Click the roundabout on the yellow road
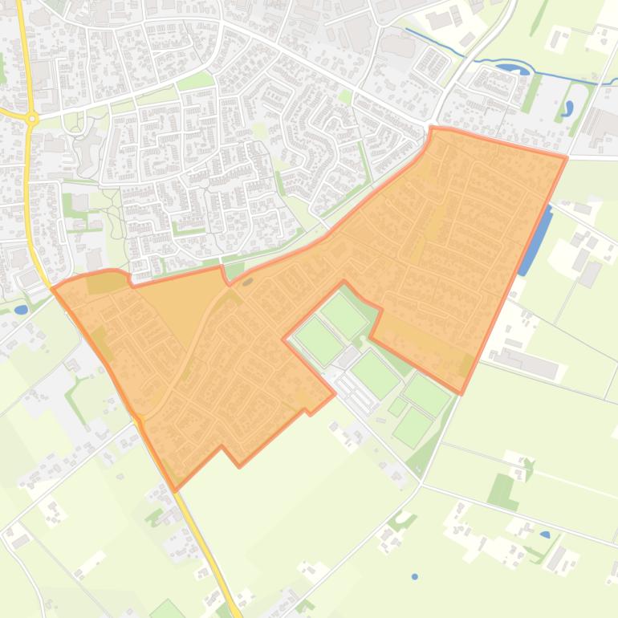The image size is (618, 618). coord(31,119)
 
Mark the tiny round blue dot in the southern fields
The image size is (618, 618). coord(415,576)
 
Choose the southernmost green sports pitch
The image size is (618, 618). coord(413,426)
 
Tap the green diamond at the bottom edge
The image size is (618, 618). coord(168,609)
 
